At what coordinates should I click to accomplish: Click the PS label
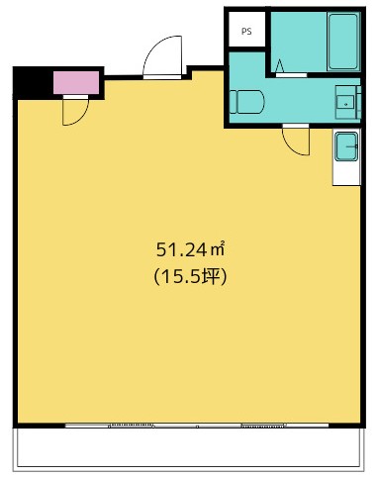(246, 32)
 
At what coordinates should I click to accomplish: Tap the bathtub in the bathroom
(343, 42)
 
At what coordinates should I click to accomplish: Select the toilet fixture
(246, 102)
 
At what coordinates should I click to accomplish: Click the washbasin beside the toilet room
(345, 102)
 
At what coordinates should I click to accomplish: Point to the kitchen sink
(346, 146)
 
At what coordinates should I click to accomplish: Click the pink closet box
(76, 82)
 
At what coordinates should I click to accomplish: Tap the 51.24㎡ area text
(190, 249)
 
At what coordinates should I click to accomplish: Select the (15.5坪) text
(190, 276)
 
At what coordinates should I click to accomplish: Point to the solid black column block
(33, 82)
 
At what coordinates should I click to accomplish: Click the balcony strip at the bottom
(190, 448)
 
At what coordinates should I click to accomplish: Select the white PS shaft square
(246, 29)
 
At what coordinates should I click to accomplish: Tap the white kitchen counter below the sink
(346, 173)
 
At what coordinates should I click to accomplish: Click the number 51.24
(181, 249)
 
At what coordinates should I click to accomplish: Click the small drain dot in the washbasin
(345, 104)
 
